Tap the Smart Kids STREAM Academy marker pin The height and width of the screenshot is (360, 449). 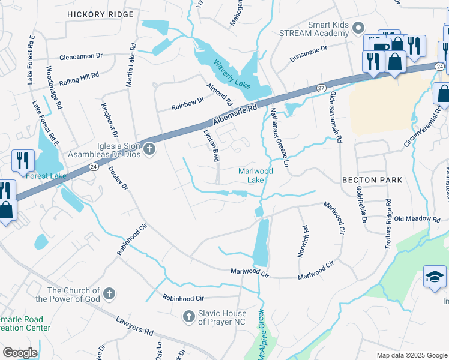tap(358, 28)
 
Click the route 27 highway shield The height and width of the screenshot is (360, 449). tap(320, 88)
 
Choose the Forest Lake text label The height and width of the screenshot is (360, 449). tap(44, 175)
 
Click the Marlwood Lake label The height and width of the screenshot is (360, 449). tap(256, 175)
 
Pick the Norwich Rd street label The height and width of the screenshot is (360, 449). tap(304, 241)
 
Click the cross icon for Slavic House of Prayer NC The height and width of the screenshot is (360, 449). tap(188, 316)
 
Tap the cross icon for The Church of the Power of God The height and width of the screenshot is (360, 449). tap(109, 293)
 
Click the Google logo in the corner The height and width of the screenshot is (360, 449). tap(20, 352)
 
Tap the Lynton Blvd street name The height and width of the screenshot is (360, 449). tap(210, 146)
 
